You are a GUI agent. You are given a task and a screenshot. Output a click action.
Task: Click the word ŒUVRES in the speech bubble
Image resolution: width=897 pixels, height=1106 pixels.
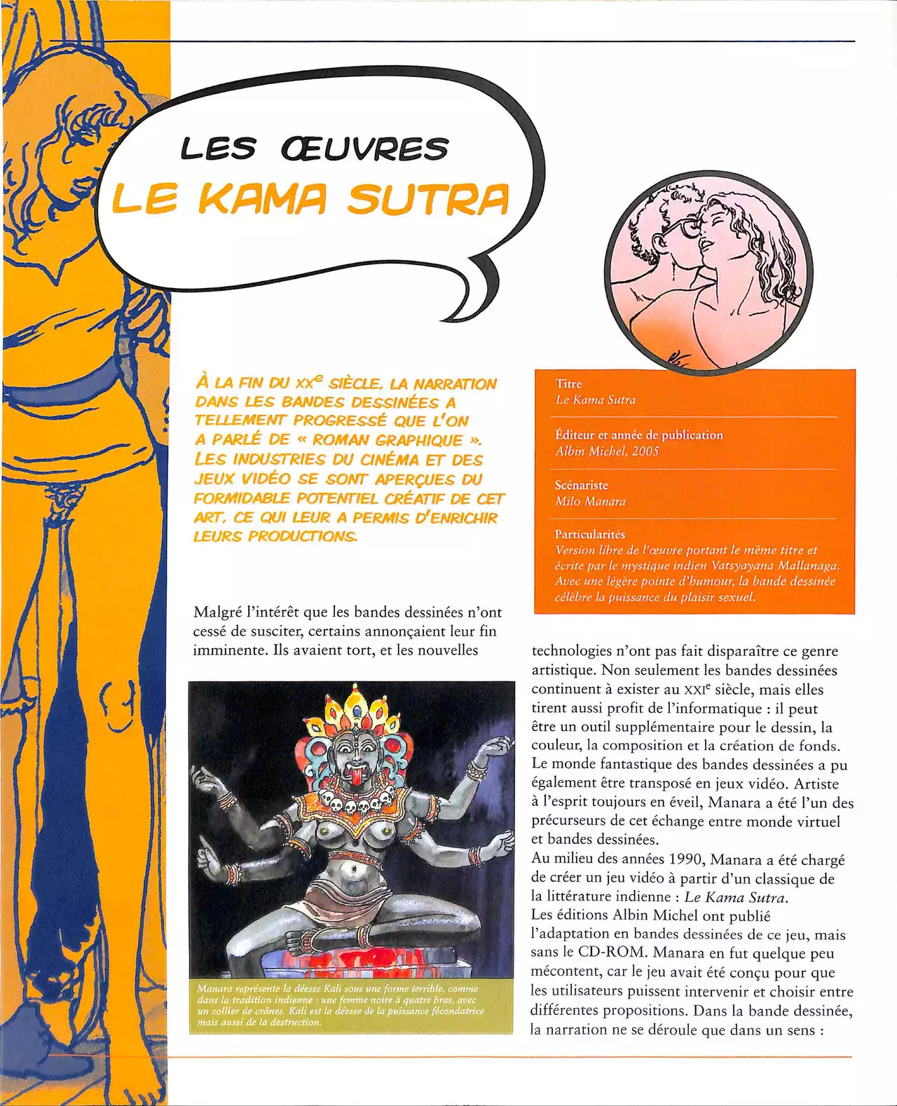point(364,149)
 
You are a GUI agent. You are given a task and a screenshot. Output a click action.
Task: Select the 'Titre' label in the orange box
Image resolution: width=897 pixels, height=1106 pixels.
point(568,383)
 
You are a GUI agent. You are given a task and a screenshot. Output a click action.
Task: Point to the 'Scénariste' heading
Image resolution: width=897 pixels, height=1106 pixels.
point(582,485)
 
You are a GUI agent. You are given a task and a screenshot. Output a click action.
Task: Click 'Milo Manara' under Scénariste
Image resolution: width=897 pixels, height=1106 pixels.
point(590,501)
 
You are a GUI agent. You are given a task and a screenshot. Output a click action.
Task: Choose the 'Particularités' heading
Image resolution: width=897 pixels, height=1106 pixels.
point(589,534)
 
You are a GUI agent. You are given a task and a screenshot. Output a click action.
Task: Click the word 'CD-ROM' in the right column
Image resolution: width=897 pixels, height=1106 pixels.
point(605,953)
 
